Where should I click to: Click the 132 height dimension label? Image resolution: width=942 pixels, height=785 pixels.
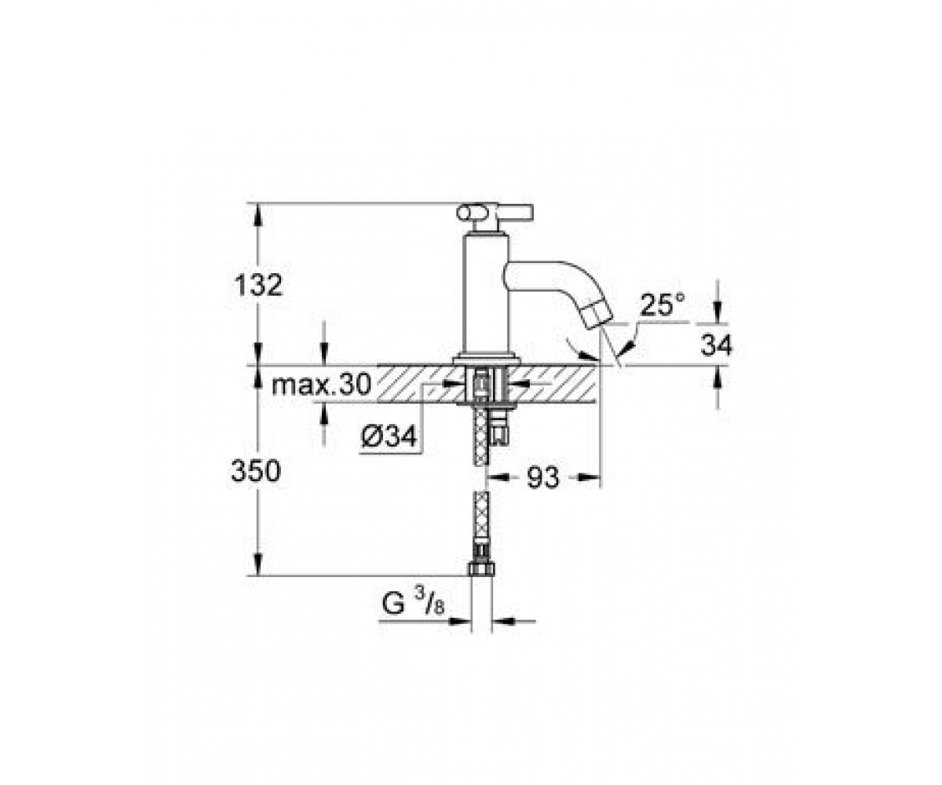click(259, 285)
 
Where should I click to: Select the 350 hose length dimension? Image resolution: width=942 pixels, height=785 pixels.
click(256, 472)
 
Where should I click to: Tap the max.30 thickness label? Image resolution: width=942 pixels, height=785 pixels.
click(322, 385)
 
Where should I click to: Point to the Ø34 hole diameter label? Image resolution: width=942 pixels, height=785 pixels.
click(389, 436)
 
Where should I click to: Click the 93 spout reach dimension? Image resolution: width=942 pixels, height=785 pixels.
click(543, 476)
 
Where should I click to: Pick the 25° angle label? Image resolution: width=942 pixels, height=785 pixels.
click(663, 305)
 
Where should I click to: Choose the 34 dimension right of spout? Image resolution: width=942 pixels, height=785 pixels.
click(717, 345)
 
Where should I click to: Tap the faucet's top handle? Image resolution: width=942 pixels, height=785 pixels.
click(495, 213)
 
